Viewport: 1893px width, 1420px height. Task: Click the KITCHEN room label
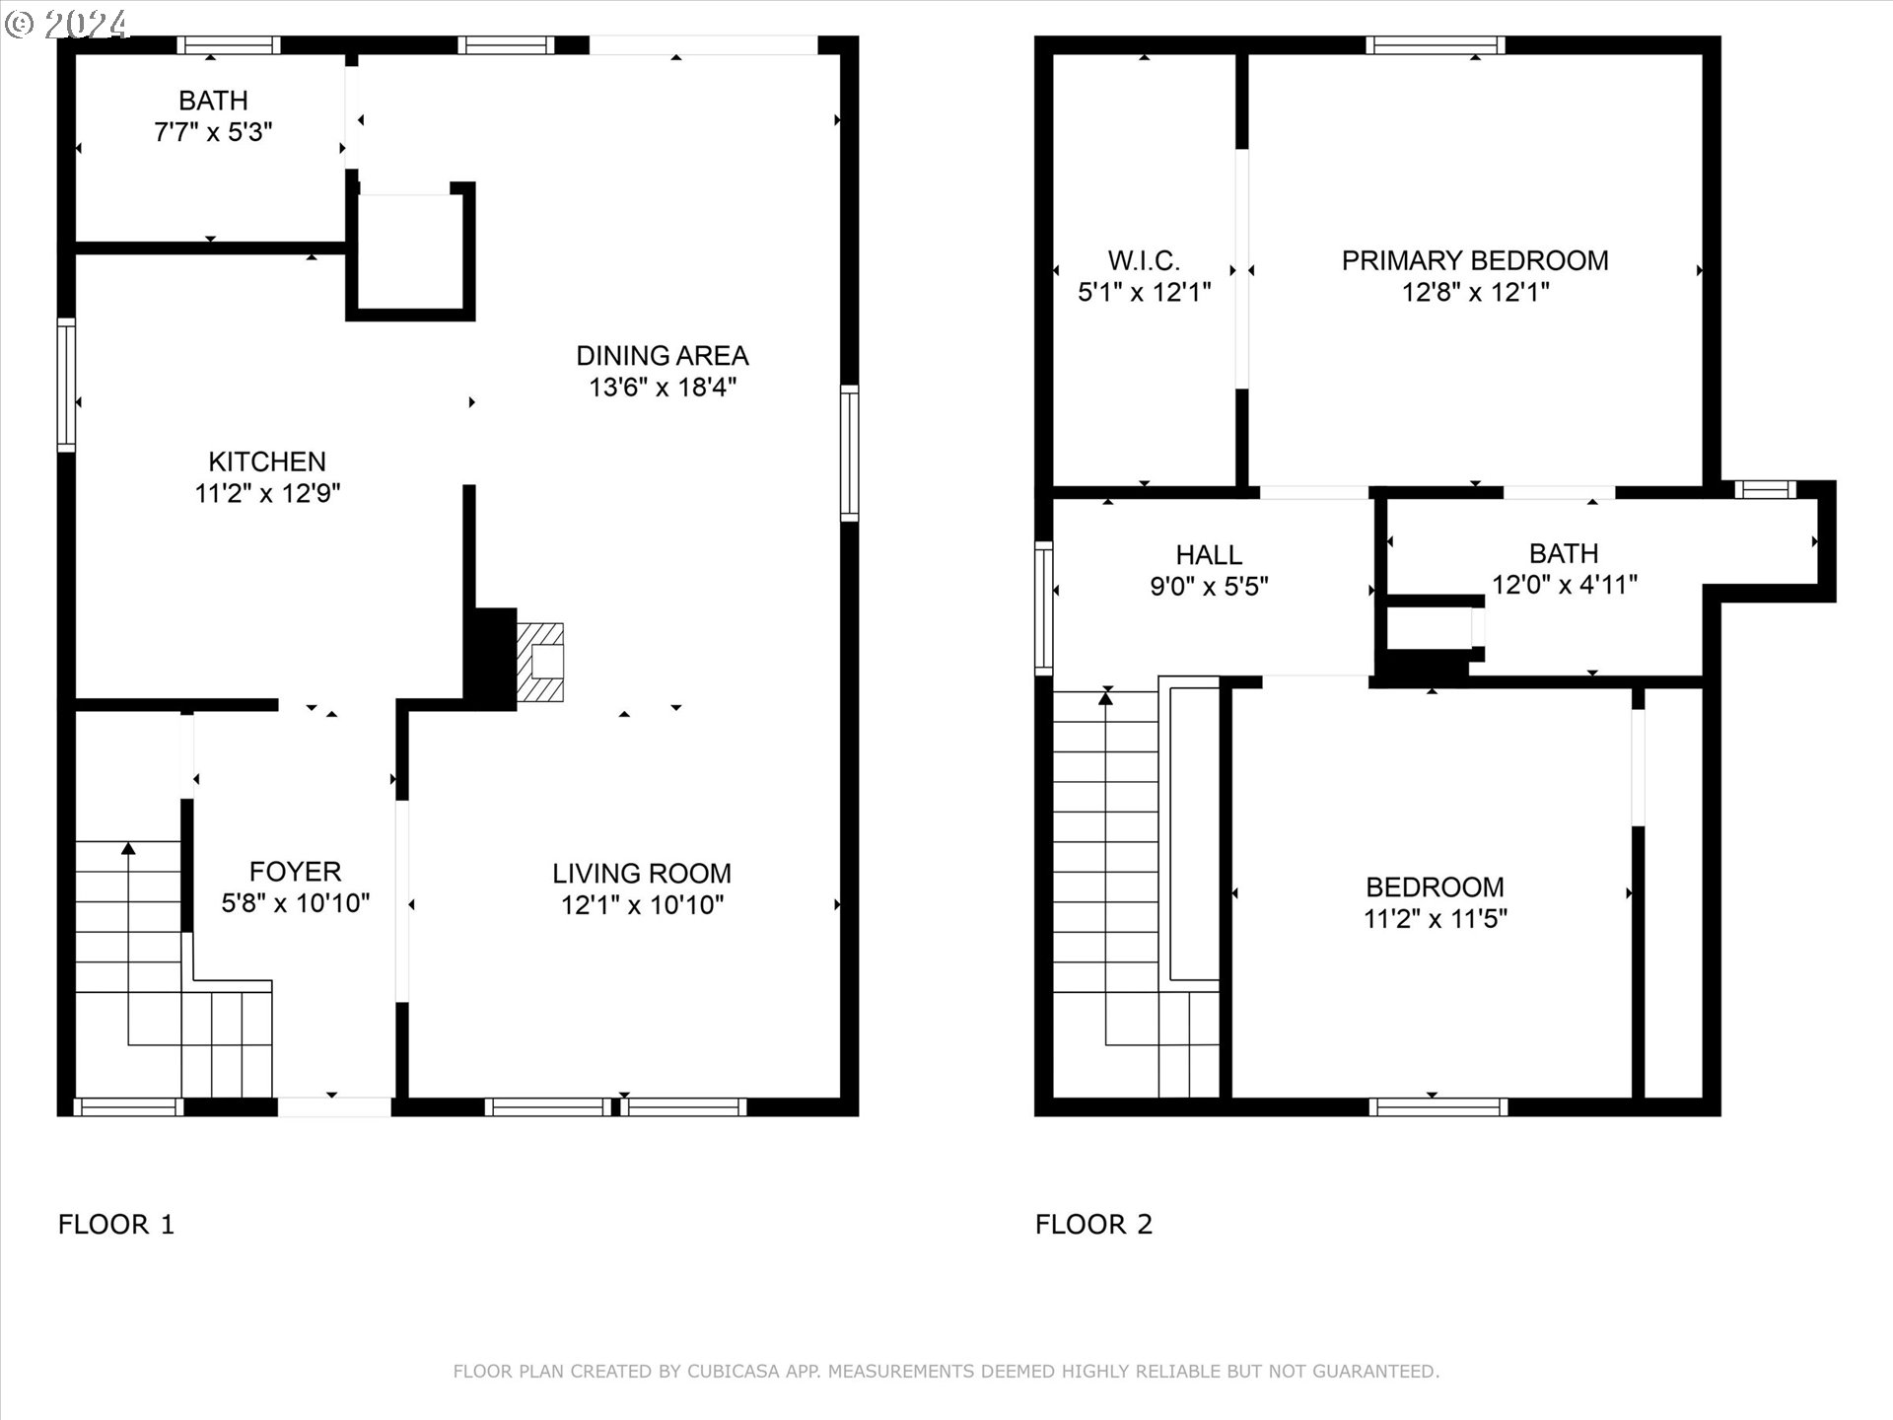tap(267, 461)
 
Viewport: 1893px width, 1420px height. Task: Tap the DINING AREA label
tap(662, 355)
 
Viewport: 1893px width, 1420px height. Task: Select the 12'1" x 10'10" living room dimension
tap(642, 904)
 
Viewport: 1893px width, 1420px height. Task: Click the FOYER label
tap(295, 872)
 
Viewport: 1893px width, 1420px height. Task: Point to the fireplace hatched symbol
tap(540, 663)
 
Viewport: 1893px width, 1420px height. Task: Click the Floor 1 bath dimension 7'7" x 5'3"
tap(213, 132)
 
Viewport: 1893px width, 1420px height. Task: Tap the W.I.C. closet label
tap(1144, 260)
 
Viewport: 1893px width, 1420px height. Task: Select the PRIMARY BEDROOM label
tap(1475, 260)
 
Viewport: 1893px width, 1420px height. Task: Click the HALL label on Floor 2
tap(1209, 554)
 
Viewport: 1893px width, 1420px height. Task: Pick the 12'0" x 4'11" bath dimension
tap(1564, 585)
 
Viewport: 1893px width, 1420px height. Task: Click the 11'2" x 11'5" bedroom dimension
tap(1435, 919)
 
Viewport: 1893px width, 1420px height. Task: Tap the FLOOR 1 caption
tap(116, 1224)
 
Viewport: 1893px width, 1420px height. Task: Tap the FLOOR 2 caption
tap(1093, 1224)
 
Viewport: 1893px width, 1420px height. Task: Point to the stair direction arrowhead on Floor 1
tap(128, 848)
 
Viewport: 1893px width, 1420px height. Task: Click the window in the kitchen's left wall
tap(66, 385)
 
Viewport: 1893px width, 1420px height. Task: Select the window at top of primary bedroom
tap(1435, 44)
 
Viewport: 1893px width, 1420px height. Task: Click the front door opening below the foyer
tap(334, 1106)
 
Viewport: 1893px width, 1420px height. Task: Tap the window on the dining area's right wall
tap(849, 453)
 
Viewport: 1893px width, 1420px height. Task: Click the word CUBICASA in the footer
tap(734, 1371)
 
